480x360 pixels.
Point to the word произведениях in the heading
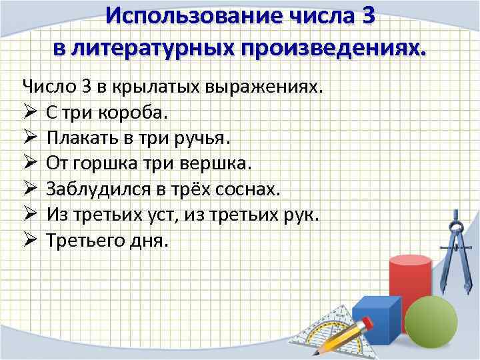coord(336,47)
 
